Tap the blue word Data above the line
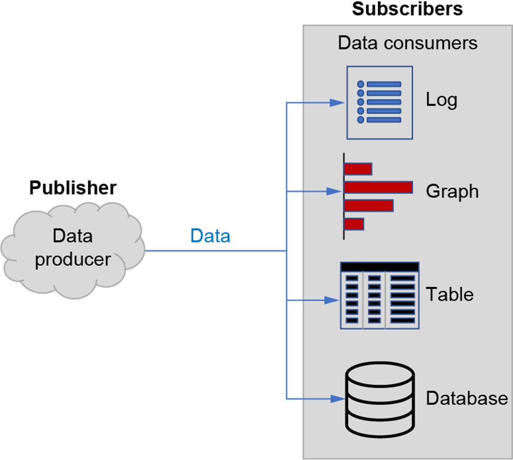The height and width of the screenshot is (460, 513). click(x=210, y=236)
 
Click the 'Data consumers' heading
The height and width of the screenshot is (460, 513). click(x=407, y=43)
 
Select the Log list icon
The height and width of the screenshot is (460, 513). click(x=380, y=102)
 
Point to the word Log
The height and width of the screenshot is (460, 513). click(x=441, y=100)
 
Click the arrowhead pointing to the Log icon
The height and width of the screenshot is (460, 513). click(x=337, y=102)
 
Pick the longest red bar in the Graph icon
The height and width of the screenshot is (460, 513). click(x=378, y=187)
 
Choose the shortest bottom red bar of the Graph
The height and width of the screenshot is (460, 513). click(x=354, y=224)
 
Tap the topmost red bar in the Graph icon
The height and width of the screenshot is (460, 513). click(x=358, y=169)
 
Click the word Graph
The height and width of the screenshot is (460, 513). click(x=452, y=191)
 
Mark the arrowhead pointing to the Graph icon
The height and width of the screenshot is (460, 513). click(x=334, y=191)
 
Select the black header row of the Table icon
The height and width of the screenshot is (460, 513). click(x=380, y=267)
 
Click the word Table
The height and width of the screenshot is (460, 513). click(x=449, y=295)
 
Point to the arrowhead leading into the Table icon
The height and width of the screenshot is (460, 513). click(x=332, y=299)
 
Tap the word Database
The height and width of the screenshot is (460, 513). click(x=466, y=398)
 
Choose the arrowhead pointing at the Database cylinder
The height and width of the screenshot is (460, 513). click(x=338, y=398)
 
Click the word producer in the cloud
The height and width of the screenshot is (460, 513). click(x=73, y=260)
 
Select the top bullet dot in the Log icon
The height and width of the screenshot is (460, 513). click(x=360, y=84)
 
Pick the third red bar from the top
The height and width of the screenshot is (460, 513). click(x=368, y=205)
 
